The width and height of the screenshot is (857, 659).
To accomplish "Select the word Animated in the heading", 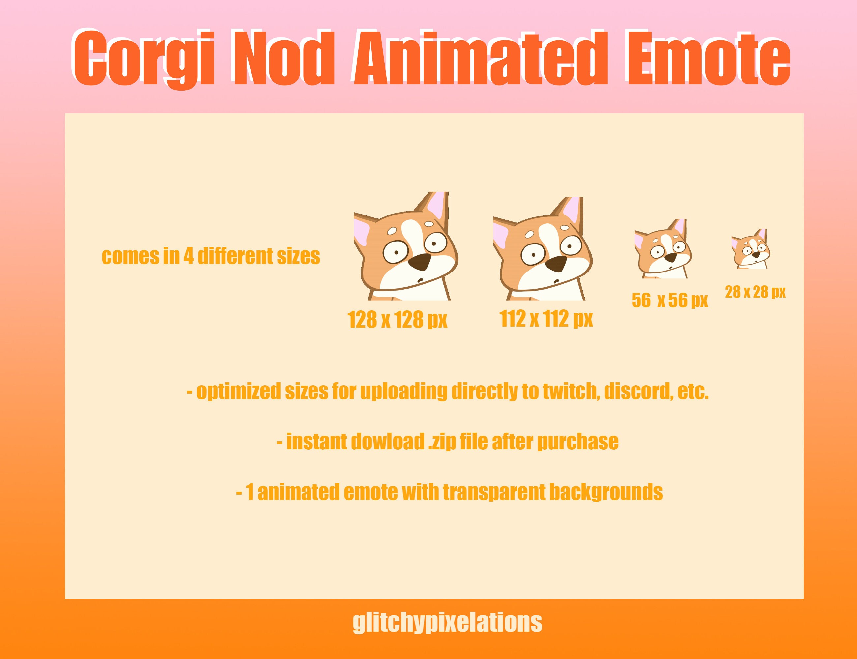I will click(x=481, y=59).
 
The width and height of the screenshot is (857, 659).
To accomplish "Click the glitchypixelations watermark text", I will click(x=447, y=622).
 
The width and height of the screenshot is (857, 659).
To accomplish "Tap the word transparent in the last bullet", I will click(x=495, y=492).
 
